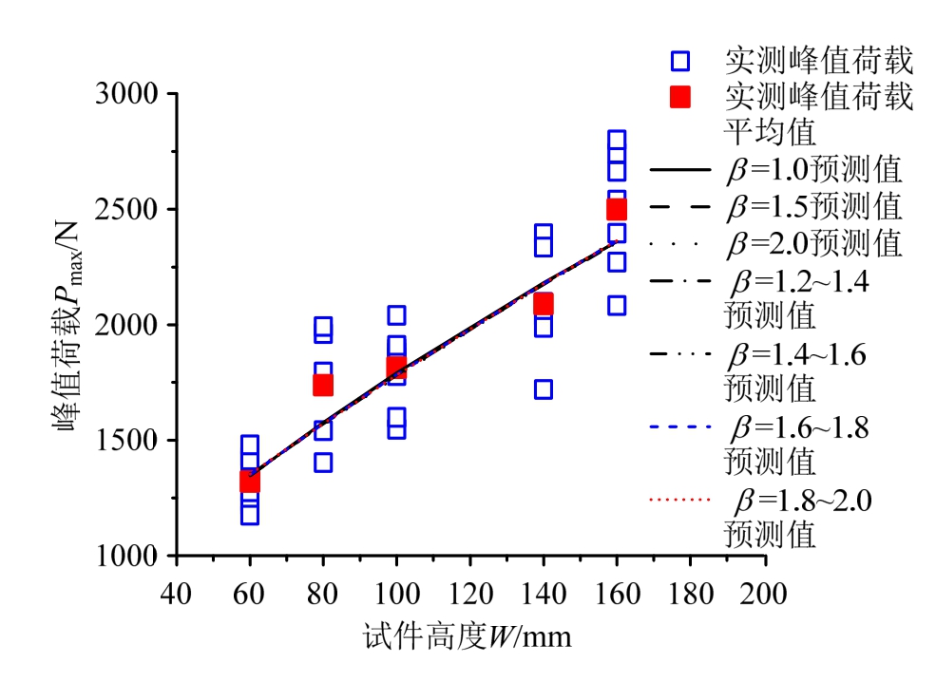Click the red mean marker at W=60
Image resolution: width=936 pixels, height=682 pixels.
(x=249, y=481)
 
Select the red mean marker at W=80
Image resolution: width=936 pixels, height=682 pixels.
(x=323, y=385)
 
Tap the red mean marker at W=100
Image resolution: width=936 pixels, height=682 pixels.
(x=396, y=368)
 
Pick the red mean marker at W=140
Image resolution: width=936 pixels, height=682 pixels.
(x=543, y=304)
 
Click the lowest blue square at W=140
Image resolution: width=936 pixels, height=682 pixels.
(x=543, y=389)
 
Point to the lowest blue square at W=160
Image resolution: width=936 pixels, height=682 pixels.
(x=616, y=306)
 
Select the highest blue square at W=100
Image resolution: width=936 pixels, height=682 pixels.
(x=396, y=315)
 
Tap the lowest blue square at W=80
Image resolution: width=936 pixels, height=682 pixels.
(x=323, y=463)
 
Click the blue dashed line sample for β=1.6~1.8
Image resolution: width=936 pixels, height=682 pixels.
(x=680, y=426)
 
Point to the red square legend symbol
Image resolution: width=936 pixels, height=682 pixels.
(x=679, y=97)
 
